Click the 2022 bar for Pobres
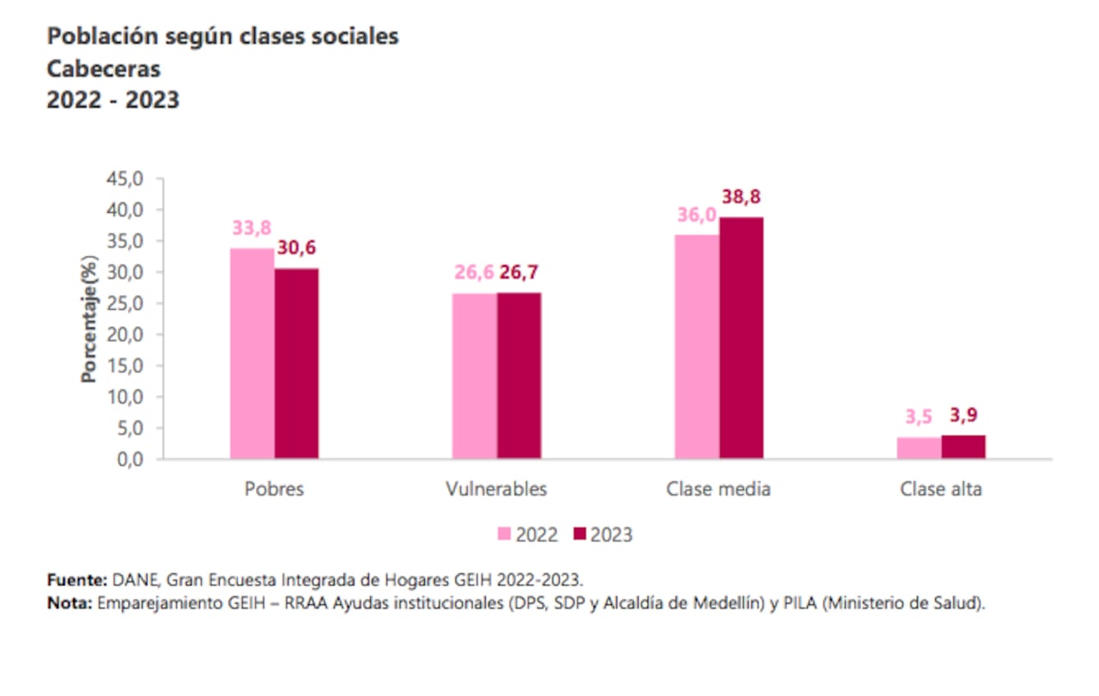(x=252, y=354)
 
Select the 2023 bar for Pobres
(x=296, y=364)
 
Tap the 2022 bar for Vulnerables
(x=474, y=376)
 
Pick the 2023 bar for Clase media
(x=741, y=338)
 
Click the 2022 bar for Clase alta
(x=919, y=448)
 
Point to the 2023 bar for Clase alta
(x=963, y=447)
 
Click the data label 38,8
(x=741, y=197)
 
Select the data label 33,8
(x=252, y=228)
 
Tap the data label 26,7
(x=519, y=273)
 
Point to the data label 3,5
(x=919, y=417)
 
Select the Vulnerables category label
(x=496, y=489)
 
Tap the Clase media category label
(x=719, y=489)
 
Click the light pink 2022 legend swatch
(x=504, y=535)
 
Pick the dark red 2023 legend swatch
(x=579, y=535)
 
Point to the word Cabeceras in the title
(x=103, y=69)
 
